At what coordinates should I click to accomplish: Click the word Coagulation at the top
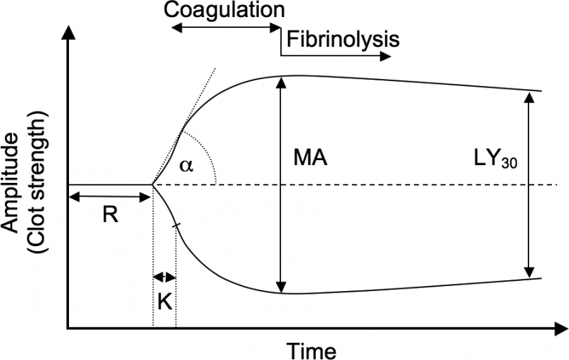click(223, 10)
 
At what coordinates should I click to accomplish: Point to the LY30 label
click(488, 158)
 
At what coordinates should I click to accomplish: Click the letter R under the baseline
click(110, 216)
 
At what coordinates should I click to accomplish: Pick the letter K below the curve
click(164, 301)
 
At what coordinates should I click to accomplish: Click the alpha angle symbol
click(186, 165)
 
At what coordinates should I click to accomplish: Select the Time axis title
click(311, 349)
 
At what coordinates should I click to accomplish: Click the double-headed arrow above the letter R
click(110, 195)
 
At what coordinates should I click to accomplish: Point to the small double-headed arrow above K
click(164, 277)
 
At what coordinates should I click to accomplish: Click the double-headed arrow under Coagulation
click(227, 27)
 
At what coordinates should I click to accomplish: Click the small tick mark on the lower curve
click(176, 226)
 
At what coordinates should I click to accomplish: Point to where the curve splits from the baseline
click(154, 185)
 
